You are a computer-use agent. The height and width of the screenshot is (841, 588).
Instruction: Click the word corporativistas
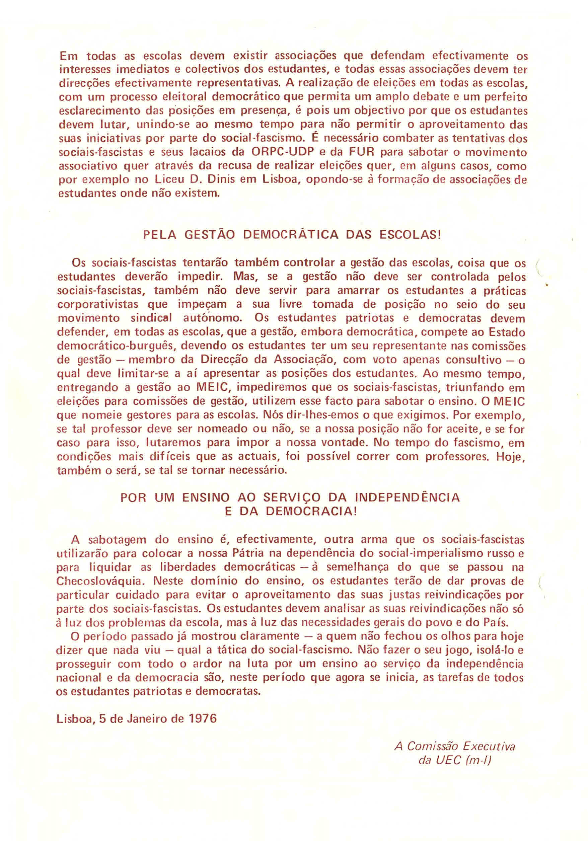pos(98,304)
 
